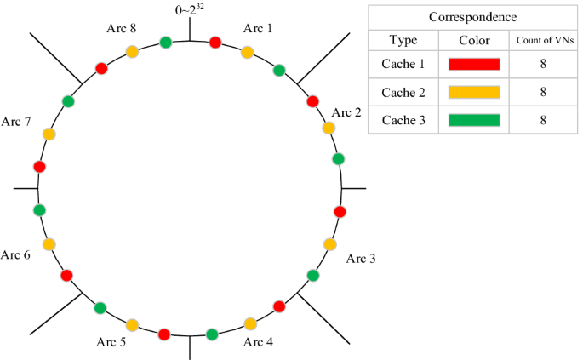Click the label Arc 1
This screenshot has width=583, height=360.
(x=258, y=28)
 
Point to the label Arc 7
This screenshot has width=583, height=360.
(x=16, y=123)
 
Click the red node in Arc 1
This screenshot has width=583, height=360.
(x=215, y=43)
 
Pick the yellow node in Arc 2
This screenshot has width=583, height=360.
(x=329, y=129)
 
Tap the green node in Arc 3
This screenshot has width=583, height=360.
(x=312, y=275)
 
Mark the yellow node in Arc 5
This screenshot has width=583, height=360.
(x=132, y=324)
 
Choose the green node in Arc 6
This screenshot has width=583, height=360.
(x=38, y=209)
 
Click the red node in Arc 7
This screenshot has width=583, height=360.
(x=38, y=165)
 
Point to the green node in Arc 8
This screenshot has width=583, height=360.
(x=165, y=43)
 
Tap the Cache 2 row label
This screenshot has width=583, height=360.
(x=403, y=91)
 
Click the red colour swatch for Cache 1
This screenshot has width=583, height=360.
(x=474, y=63)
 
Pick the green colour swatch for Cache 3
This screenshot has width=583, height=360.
(x=474, y=119)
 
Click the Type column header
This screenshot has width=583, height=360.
(x=403, y=40)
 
